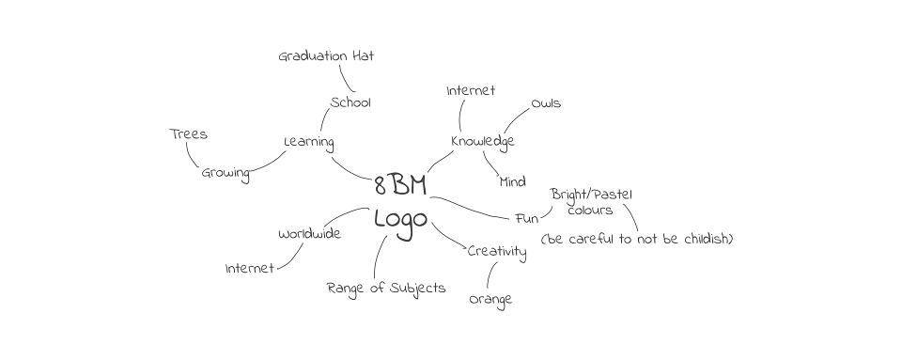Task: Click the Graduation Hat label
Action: (326, 56)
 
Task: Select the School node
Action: (350, 103)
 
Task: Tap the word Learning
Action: (309, 143)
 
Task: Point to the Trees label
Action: (188, 134)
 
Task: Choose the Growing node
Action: (225, 174)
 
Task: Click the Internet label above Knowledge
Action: (471, 91)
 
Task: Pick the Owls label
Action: (545, 104)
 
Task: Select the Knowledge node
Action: (483, 142)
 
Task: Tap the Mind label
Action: (513, 182)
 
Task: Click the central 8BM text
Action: (400, 185)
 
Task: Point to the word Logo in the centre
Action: (401, 221)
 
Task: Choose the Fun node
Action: (526, 219)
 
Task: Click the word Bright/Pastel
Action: (591, 195)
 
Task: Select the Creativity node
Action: (497, 252)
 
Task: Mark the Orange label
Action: (490, 300)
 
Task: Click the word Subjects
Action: (417, 289)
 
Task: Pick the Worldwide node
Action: (309, 234)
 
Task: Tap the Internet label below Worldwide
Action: (250, 269)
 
